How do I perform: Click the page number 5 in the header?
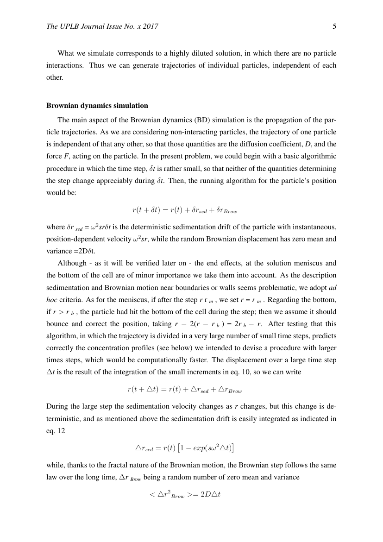[334, 26]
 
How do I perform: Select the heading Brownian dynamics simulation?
[97, 106]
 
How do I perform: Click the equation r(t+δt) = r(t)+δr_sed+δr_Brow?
[185, 210]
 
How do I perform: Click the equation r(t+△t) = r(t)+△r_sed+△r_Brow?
[185, 391]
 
